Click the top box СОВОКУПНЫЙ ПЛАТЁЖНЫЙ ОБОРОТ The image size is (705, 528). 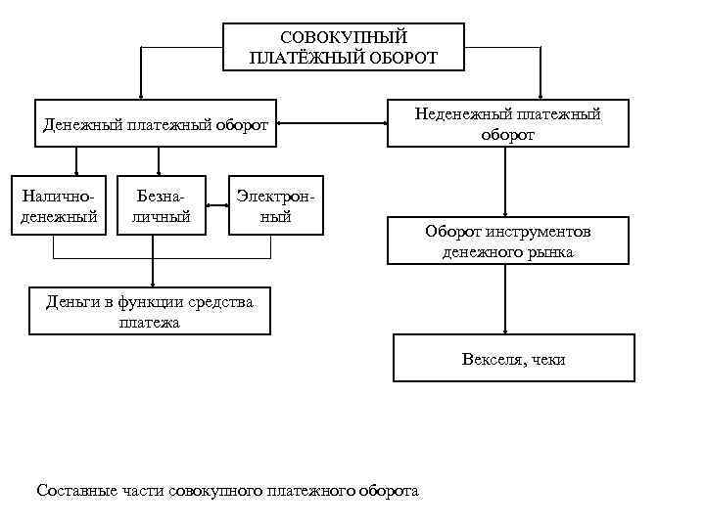click(343, 47)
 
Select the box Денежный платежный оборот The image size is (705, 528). click(156, 124)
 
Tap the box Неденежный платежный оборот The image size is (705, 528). click(507, 124)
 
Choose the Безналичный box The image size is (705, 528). click(162, 205)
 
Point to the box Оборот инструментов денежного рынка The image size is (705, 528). click(507, 242)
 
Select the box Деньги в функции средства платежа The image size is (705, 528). click(150, 311)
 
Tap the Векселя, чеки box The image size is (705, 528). click(513, 358)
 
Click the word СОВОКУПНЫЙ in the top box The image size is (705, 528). click(343, 37)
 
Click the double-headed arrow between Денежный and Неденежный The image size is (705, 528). click(331, 124)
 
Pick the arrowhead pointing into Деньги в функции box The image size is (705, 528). click(153, 283)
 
